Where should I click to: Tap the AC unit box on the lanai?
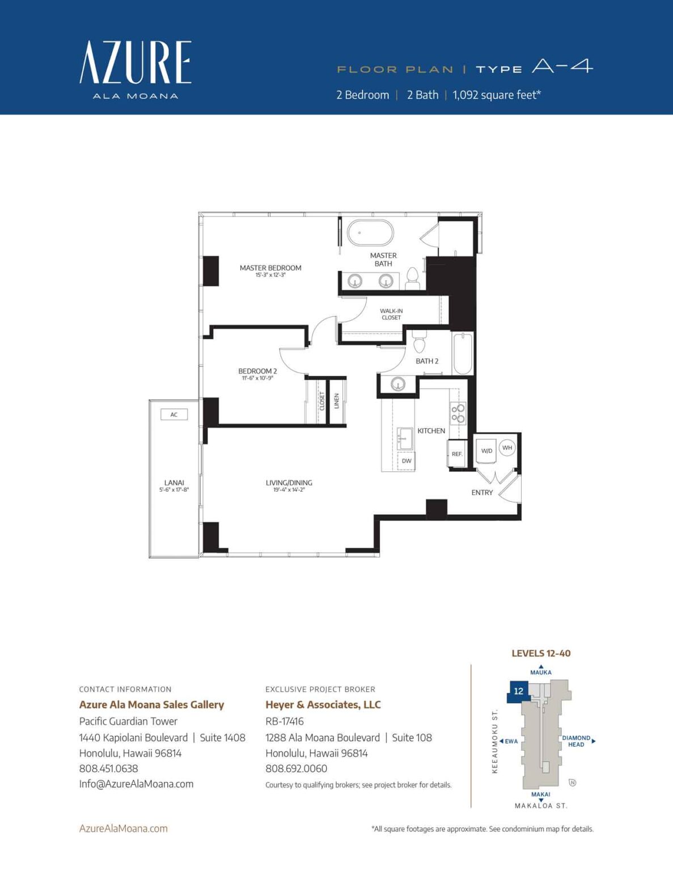tap(174, 415)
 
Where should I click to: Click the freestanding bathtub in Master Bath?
tap(370, 232)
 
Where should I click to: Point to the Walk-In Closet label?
tap(391, 314)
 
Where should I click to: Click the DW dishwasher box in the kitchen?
tap(407, 461)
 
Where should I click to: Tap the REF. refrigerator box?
tap(457, 454)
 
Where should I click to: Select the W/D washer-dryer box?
tap(486, 451)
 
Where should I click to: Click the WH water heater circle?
tap(507, 447)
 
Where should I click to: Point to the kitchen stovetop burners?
tap(458, 413)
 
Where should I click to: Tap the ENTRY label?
tap(482, 493)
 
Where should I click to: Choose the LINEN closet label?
tap(337, 401)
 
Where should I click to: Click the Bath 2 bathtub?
tap(463, 354)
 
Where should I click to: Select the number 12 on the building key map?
tap(518, 691)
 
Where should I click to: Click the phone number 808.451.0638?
tap(108, 768)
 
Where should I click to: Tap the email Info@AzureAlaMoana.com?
tap(136, 784)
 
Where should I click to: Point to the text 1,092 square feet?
tap(497, 95)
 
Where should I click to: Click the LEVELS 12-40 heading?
tap(541, 653)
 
